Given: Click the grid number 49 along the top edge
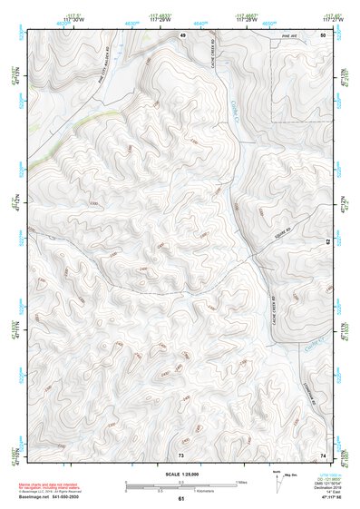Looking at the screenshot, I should [181, 34].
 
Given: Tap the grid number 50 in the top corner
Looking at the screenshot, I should [323, 34].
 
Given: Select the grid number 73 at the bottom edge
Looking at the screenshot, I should [181, 455].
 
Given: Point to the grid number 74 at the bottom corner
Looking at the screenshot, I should [323, 455].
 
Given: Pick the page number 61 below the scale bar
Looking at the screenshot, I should [181, 499].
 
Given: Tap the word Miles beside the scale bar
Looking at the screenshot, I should [241, 481].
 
